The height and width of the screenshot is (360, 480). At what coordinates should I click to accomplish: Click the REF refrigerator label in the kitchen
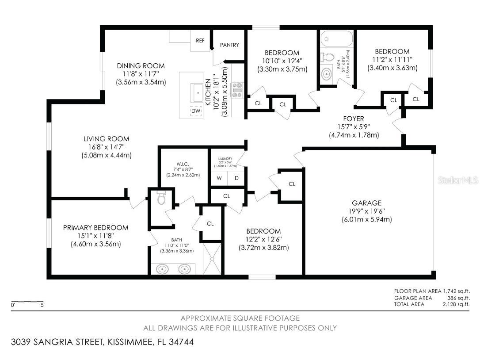click(x=200, y=40)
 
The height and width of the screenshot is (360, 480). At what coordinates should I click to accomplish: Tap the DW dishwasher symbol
click(x=196, y=111)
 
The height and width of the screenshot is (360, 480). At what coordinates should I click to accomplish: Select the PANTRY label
click(x=229, y=45)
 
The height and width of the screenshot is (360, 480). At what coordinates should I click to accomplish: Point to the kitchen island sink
click(x=198, y=92)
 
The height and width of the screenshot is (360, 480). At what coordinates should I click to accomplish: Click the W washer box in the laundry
click(x=219, y=178)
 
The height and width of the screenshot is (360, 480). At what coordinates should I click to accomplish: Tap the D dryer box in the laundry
click(x=236, y=178)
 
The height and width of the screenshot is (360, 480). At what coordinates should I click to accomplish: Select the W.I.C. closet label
click(x=183, y=168)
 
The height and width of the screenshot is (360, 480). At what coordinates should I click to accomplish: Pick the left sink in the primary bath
click(x=162, y=268)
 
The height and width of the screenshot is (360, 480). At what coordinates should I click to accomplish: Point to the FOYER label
click(x=353, y=119)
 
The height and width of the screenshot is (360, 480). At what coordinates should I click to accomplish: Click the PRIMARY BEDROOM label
click(x=95, y=227)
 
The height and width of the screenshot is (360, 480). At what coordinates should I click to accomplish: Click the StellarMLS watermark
click(x=461, y=180)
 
